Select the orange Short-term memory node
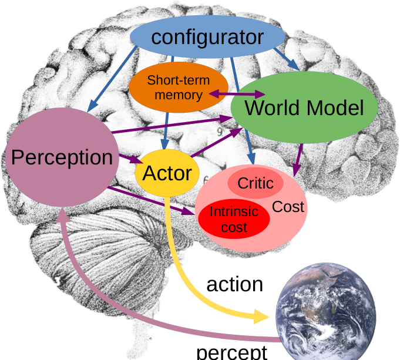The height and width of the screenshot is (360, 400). (177, 87)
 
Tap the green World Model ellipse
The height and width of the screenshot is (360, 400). (304, 108)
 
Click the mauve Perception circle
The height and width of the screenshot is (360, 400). (62, 157)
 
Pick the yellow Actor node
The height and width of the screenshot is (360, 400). (167, 173)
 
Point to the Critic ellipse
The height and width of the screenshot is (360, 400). (255, 183)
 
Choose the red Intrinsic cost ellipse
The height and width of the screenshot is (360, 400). (234, 218)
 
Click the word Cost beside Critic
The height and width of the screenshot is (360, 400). (288, 207)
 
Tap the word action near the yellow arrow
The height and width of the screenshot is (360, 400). (234, 284)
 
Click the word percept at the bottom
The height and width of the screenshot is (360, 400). (231, 352)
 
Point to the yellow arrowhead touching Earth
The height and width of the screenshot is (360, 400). (263, 317)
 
